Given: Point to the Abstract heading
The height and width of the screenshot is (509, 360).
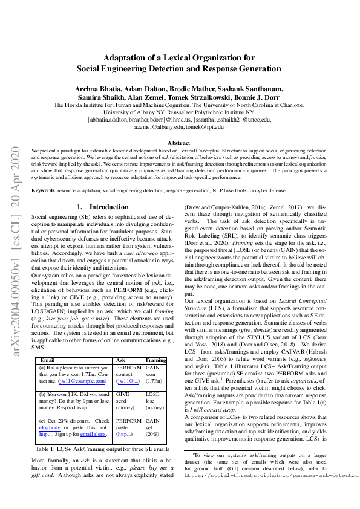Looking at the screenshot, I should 178,143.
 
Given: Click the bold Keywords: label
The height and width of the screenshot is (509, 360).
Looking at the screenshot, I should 44,190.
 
